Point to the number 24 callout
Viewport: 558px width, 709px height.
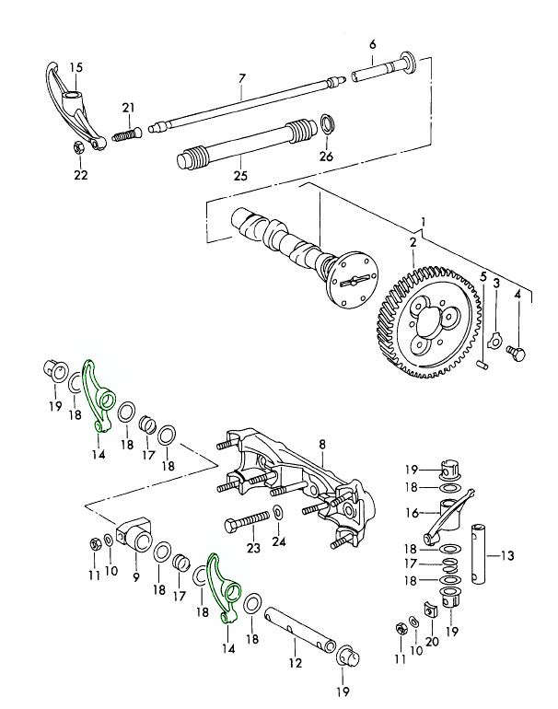tap(279, 542)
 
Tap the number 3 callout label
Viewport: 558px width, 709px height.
tap(496, 285)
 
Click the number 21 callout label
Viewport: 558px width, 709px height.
tap(129, 108)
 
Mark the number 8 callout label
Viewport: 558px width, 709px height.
tap(322, 446)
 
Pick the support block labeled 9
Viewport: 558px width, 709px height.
tap(136, 537)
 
